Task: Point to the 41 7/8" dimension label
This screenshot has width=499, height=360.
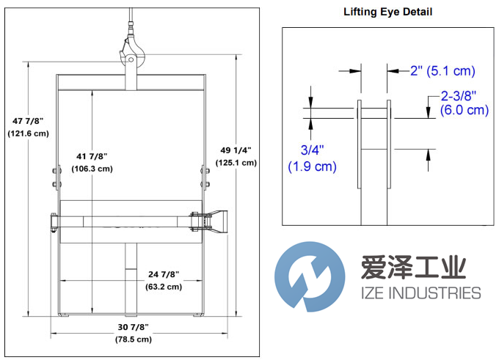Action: point(92,155)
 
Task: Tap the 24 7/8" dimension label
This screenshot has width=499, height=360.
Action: point(163,274)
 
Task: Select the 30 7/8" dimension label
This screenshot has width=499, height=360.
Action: point(132,326)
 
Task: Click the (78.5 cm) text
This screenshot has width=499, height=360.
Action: point(132,339)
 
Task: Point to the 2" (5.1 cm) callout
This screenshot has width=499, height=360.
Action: point(442,71)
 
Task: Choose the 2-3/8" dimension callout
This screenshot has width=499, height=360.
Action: point(459,95)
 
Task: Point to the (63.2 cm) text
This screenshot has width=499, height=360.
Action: point(163,287)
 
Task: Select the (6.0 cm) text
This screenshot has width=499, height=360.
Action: point(464,110)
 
